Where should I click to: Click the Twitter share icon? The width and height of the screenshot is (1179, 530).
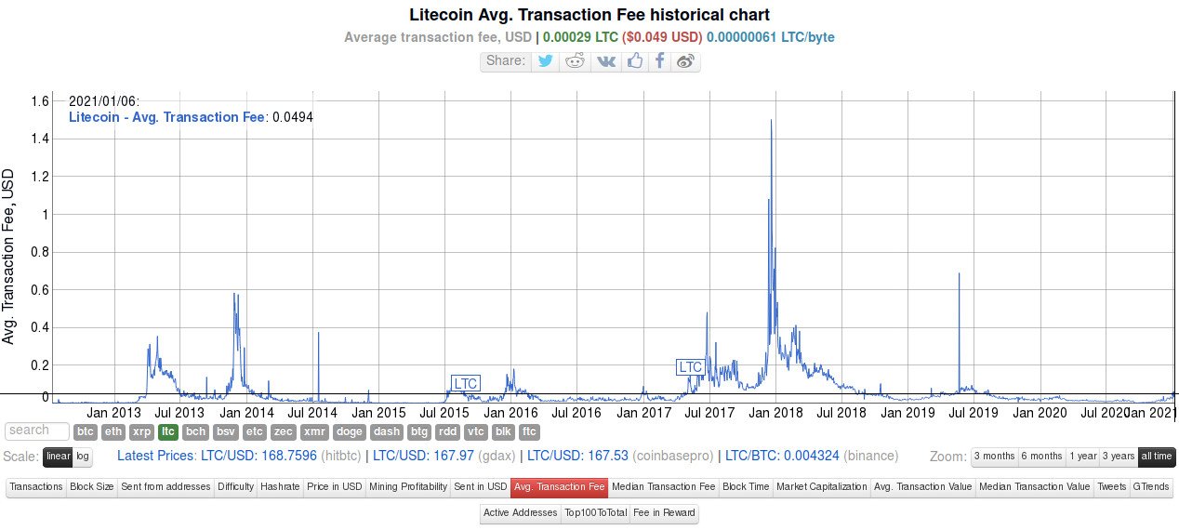[x=545, y=61]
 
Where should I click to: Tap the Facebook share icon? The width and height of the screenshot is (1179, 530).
[x=659, y=61]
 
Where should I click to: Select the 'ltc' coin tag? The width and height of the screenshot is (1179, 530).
[x=168, y=432]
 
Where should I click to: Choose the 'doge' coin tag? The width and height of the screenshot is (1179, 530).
[x=349, y=432]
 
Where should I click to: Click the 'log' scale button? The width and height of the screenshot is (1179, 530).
[x=83, y=457]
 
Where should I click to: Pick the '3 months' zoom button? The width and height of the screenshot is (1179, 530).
[x=994, y=457]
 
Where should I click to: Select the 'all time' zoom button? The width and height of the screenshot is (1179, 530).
[x=1157, y=457]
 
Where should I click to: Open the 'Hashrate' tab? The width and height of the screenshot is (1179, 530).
[x=280, y=487]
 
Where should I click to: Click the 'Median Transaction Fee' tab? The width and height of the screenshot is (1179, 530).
[x=663, y=487]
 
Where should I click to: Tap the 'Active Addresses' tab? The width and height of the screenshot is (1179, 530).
[x=520, y=512]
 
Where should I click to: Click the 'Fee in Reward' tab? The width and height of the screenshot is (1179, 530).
[x=664, y=512]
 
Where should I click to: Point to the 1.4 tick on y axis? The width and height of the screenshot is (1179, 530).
[x=40, y=139]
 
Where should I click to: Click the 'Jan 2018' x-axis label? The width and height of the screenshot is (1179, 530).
[x=775, y=413]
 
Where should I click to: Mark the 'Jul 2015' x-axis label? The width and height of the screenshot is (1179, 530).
[x=444, y=413]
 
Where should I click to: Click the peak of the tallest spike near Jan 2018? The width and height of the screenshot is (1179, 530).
[x=772, y=120]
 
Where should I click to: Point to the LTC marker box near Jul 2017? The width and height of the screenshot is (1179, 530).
[x=690, y=367]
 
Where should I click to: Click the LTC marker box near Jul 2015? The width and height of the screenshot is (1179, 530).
[x=465, y=383]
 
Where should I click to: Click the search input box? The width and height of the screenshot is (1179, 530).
[x=37, y=431]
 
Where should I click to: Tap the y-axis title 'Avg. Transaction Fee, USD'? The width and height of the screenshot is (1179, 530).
[x=7, y=257]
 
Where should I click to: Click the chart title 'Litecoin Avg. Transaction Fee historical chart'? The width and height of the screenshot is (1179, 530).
[x=589, y=15]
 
